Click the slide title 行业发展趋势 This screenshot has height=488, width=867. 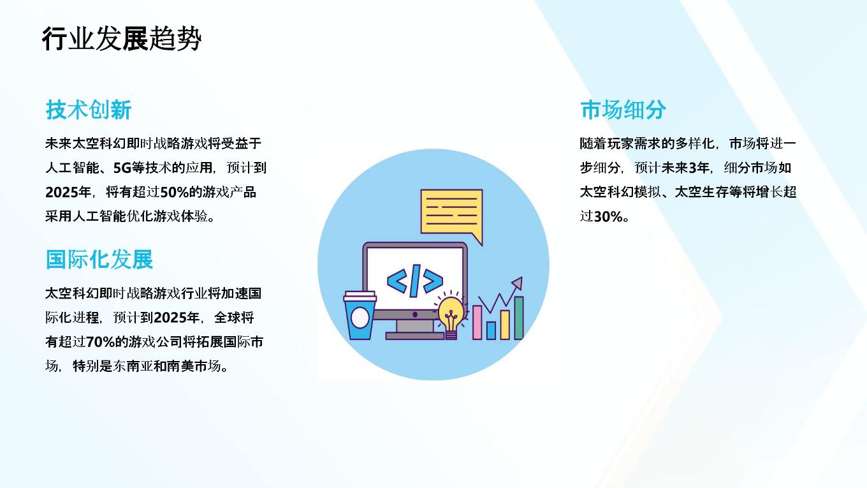(122, 39)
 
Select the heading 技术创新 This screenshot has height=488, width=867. (89, 110)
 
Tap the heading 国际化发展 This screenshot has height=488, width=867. (99, 259)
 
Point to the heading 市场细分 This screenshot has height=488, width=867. (623, 110)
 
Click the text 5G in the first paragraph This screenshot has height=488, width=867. (122, 168)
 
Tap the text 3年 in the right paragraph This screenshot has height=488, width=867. (699, 168)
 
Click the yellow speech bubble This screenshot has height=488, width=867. (452, 212)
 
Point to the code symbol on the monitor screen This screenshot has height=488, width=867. (414, 281)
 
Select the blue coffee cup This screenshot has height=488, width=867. (360, 316)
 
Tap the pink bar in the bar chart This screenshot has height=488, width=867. (477, 322)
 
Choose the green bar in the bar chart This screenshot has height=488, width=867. (519, 318)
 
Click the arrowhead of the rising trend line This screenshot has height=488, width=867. (518, 283)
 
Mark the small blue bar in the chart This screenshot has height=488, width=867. (491, 330)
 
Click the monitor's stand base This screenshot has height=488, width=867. (414, 336)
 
